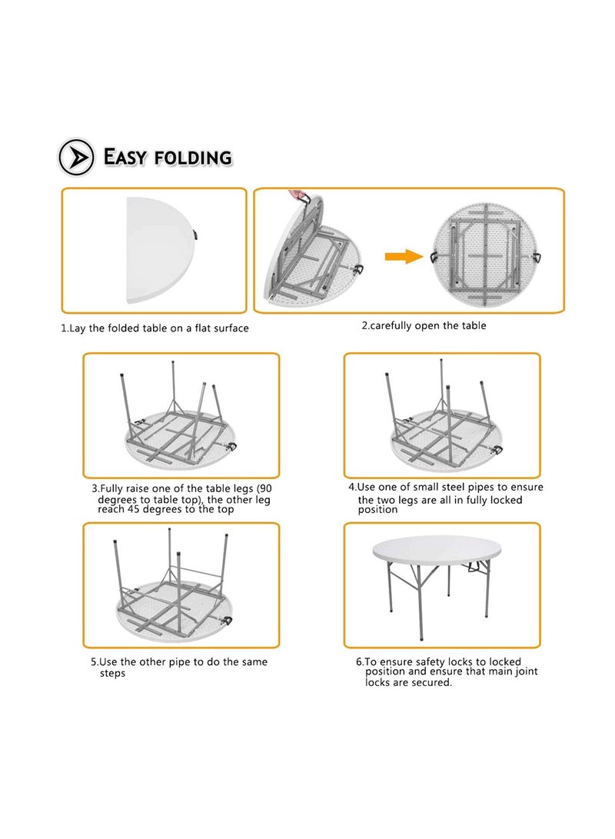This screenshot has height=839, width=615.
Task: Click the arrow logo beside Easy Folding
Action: point(77,157)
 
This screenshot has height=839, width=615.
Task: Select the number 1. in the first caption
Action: point(65,328)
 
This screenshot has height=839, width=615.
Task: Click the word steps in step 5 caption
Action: point(112,673)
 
